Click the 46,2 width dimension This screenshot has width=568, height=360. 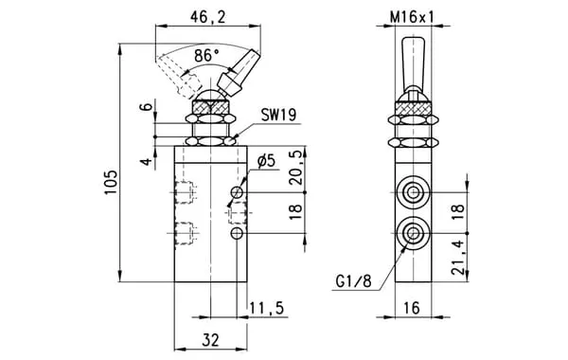(x=207, y=17)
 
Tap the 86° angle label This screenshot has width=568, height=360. (x=206, y=56)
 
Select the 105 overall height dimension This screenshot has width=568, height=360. (x=112, y=182)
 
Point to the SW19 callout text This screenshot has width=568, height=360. (x=278, y=115)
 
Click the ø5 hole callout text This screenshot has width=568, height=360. (x=267, y=161)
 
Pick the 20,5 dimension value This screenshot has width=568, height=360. (x=296, y=168)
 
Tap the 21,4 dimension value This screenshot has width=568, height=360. (x=458, y=257)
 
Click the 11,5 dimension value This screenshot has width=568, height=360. (x=267, y=308)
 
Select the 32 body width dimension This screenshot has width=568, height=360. (x=210, y=340)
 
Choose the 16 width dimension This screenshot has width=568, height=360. (x=412, y=308)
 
